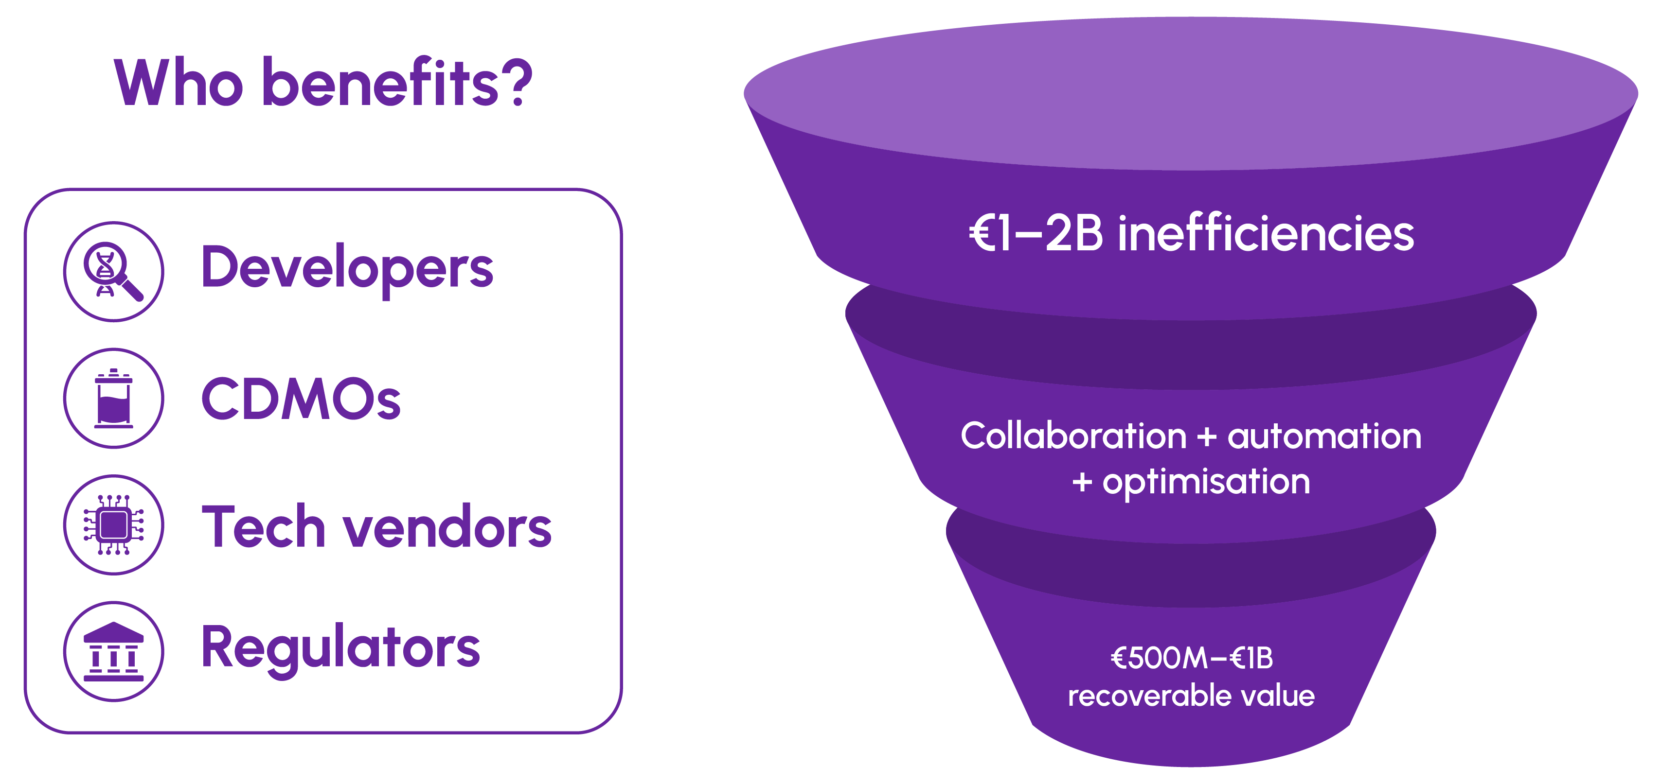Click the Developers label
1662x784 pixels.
(347, 269)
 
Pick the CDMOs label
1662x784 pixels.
(301, 399)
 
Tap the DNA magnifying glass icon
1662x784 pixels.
(113, 271)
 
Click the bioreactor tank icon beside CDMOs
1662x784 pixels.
(113, 398)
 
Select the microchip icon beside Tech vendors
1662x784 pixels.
(113, 525)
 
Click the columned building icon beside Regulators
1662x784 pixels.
(113, 651)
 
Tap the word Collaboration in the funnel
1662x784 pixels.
(1073, 436)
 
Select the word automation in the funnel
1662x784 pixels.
(1324, 436)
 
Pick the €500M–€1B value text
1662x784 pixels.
(1191, 658)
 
